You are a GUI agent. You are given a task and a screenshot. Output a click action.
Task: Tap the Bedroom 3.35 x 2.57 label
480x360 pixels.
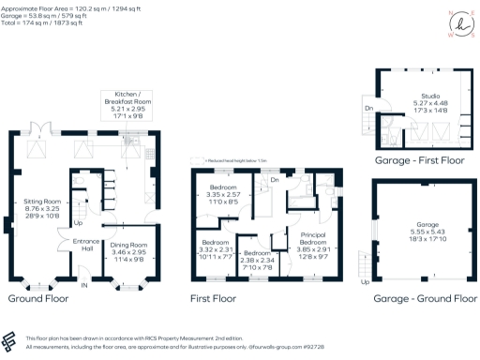point(223,193)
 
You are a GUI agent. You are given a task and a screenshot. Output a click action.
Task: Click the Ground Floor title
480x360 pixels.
point(40,298)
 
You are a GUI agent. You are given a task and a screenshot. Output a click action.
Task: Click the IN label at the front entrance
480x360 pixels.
point(83,284)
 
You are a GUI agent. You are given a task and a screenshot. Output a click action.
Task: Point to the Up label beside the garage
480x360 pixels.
point(365,280)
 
